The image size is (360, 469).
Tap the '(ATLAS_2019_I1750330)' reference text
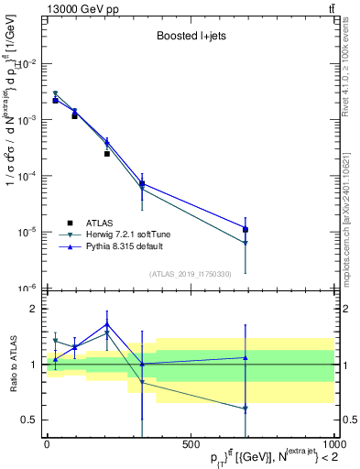pyautogui.click(x=191, y=274)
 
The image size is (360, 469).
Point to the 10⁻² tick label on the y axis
pyautogui.click(x=26, y=63)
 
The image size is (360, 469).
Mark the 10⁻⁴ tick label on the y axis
pyautogui.click(x=26, y=176)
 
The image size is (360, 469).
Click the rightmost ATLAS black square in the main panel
pyautogui.click(x=245, y=229)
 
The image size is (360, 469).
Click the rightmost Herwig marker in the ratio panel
pyautogui.click(x=245, y=409)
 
